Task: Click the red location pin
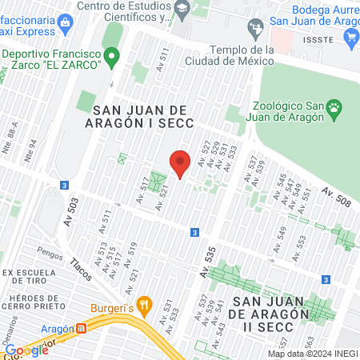point(181,162)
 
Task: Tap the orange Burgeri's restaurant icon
point(144,304)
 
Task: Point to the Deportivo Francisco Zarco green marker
point(112,57)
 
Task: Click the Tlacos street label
point(82,269)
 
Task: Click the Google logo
point(26,350)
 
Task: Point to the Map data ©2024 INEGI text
point(312,354)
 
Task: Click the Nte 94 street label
point(31,151)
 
